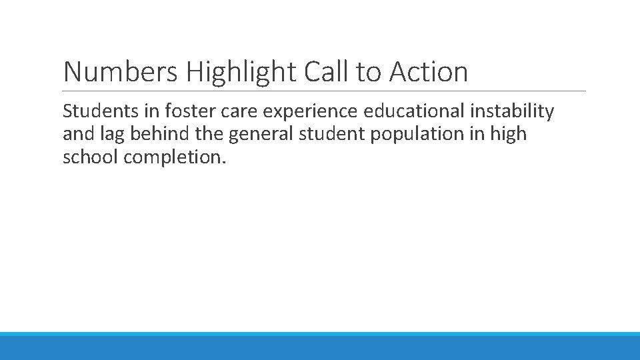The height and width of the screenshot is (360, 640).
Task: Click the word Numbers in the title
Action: click(x=119, y=72)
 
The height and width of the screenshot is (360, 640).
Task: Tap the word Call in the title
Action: click(x=327, y=72)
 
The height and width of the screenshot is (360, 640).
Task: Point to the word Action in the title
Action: click(x=429, y=72)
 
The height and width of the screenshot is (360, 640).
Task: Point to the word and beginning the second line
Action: click(x=77, y=134)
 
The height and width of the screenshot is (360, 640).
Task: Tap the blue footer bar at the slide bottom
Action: click(x=320, y=347)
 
